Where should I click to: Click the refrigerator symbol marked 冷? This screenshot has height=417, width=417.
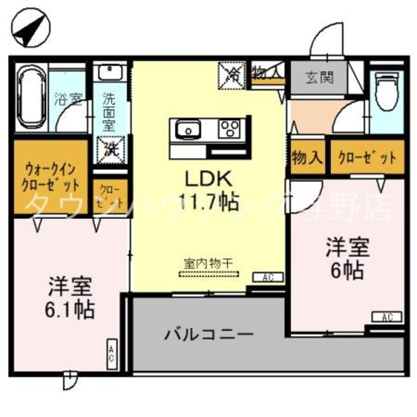click(232, 75)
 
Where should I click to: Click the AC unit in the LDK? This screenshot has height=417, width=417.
click(269, 277)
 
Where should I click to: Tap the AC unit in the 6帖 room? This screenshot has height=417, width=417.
click(387, 317)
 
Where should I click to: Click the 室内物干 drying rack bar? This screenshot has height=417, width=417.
click(208, 274)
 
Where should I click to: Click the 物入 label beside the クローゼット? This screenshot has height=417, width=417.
click(307, 157)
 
